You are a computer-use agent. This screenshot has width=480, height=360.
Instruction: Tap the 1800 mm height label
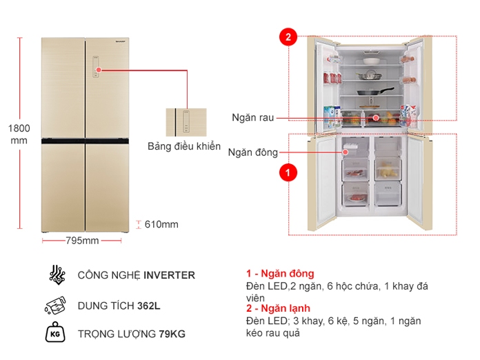pos(19,134)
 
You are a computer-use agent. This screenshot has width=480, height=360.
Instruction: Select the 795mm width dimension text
pos(82,241)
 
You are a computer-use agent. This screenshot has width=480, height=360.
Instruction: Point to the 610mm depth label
pos(162,224)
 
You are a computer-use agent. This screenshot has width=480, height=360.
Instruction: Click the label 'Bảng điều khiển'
pos(184,146)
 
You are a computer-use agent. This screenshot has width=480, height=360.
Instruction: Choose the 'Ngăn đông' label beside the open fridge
pos(252,152)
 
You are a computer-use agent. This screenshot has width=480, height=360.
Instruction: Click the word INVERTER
pos(169,275)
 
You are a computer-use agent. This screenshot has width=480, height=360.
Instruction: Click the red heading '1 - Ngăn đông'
pos(279,274)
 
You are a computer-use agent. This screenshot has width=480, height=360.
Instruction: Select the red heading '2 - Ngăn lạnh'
pos(279,309)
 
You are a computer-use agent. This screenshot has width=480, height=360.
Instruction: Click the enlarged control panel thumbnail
pos(186,122)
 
